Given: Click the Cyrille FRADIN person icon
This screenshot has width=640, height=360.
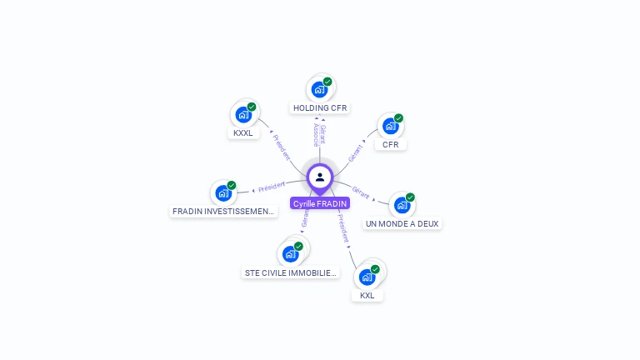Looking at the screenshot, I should coord(320,177).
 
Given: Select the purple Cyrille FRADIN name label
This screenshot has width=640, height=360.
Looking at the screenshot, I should coord(320,203).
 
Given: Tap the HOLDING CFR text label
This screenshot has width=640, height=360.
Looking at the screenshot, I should coord(320,108).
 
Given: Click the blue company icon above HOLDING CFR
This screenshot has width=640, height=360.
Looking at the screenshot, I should coord(319,88).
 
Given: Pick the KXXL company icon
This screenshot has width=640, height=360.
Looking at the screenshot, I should coord(243,114).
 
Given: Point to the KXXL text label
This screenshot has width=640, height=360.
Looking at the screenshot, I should coord(243,133).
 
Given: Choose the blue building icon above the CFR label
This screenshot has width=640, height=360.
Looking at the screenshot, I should coord(390,126).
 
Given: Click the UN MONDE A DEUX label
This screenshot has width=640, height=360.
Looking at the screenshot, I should coord(402,224).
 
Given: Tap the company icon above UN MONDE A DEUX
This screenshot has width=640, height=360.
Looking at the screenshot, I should coord(402,205).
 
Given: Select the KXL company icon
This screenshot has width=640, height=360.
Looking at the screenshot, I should coord(367,277).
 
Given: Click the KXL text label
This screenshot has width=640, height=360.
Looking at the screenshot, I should coord(367,296).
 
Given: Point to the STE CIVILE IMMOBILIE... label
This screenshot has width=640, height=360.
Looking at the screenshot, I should coord(291,272).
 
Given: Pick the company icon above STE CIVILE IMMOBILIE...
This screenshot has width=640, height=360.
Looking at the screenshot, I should coord(291,252).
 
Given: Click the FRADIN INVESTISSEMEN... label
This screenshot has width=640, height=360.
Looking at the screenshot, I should coord(223,212).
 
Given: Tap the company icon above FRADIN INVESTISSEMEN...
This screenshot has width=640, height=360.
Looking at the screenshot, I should coord(223,192).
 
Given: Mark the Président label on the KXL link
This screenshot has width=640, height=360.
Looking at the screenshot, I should coord(343,227).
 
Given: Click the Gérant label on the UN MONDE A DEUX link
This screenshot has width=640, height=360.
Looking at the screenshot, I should coord(361,192).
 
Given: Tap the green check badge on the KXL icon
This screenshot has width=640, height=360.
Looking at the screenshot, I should coord(375,269).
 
